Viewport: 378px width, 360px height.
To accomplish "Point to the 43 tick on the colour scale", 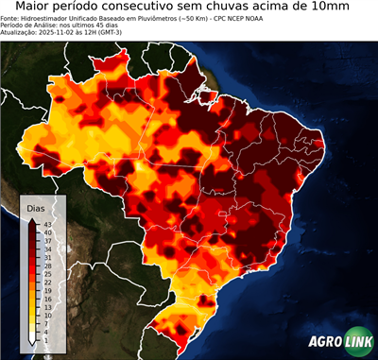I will click(x=47, y=223).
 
